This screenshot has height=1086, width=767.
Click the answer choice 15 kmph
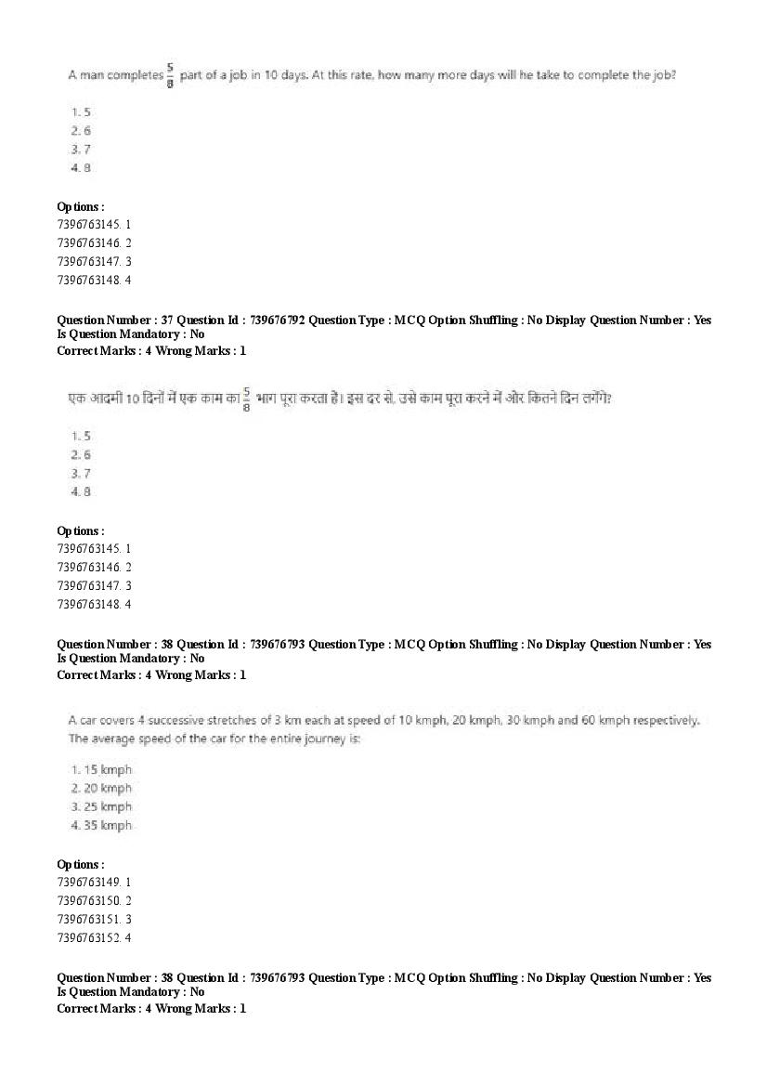[x=102, y=769]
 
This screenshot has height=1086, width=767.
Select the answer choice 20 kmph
[x=102, y=788]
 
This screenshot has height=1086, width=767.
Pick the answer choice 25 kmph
[x=102, y=806]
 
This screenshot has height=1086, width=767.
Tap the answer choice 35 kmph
[x=102, y=825]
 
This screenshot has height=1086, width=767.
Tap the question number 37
[x=162, y=320]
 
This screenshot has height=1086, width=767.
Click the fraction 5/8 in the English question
[x=171, y=74]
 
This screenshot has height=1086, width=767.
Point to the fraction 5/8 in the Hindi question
[x=247, y=399]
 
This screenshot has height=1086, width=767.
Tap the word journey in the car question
[x=309, y=739]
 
